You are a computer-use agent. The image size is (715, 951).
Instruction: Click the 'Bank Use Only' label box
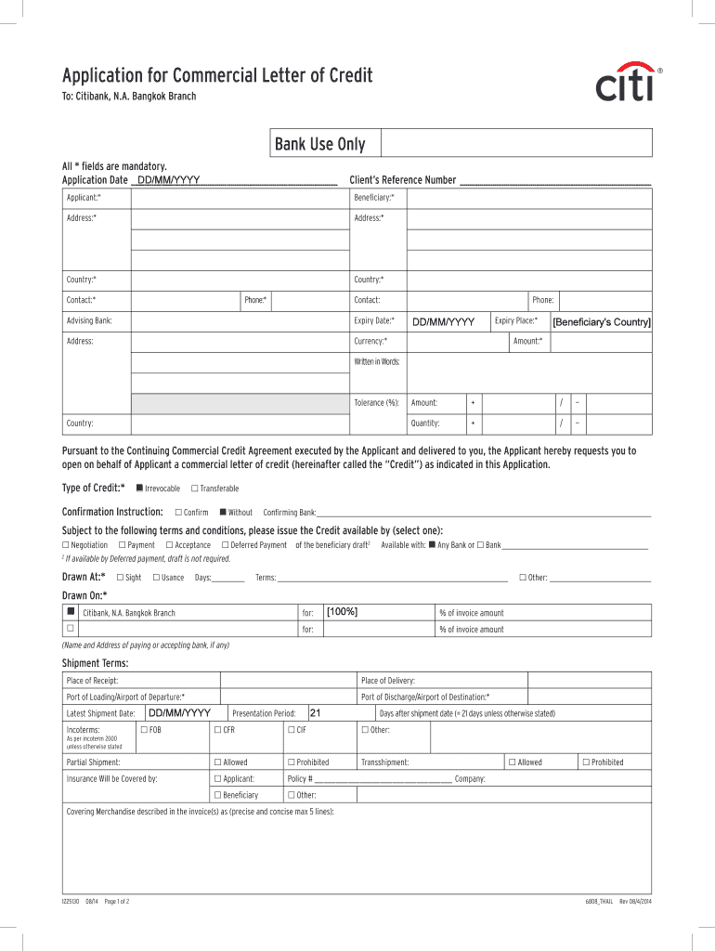(319, 144)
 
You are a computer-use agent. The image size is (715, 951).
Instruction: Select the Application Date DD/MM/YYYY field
(169, 179)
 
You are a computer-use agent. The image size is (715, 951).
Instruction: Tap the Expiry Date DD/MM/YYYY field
(444, 321)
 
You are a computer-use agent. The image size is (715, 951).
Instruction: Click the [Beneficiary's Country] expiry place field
(602, 321)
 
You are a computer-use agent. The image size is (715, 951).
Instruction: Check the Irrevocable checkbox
(139, 488)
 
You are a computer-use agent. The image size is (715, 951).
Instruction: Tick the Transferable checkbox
(194, 488)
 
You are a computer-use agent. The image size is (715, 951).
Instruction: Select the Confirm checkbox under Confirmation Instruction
(177, 512)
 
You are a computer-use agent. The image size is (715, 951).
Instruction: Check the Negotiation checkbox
(65, 545)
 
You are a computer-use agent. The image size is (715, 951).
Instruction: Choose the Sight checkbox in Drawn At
(120, 578)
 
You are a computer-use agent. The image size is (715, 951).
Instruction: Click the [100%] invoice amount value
(343, 611)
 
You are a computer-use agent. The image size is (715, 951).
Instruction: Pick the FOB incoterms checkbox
(143, 730)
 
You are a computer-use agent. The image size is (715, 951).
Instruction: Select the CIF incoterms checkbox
(290, 730)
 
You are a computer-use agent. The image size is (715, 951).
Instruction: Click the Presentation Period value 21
(315, 712)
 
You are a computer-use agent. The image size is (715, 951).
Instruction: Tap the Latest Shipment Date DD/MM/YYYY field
(180, 712)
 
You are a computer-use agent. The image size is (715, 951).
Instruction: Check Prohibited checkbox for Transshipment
(585, 762)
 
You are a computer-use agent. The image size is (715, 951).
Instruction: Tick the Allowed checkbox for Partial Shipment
(216, 762)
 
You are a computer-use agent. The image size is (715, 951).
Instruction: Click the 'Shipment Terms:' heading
(95, 662)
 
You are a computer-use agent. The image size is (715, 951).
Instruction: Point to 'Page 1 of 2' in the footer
(117, 902)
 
